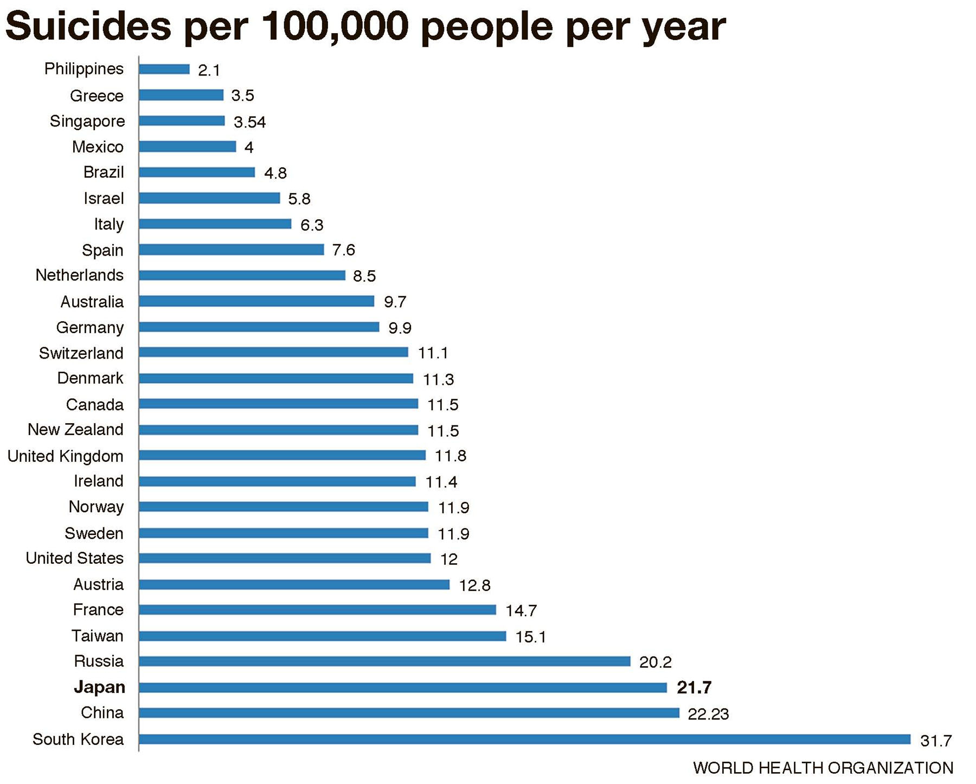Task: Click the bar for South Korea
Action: point(524,739)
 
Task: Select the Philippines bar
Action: point(164,69)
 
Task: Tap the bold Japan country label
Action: point(99,687)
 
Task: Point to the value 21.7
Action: point(694,687)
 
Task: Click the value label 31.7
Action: point(936,741)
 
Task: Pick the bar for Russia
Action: point(384,661)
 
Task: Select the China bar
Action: point(409,713)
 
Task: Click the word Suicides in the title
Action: point(88,26)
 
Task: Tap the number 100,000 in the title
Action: point(335,26)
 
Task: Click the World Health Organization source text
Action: point(823,768)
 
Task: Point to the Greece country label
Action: point(97,96)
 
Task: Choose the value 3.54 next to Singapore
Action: point(249,122)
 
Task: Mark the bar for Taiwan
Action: point(322,636)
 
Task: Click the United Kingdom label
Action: point(66,456)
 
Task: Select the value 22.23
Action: point(708,714)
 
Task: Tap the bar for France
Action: point(317,610)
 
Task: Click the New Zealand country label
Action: point(75,430)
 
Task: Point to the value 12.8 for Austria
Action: point(474,585)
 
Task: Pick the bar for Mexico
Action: point(187,146)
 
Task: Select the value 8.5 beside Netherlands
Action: point(364,276)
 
